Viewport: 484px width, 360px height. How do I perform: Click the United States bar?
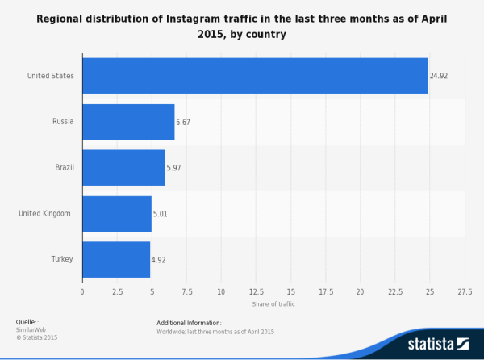255,76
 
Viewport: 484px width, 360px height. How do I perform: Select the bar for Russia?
128,122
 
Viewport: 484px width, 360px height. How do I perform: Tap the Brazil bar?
123,168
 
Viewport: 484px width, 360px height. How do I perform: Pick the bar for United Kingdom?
117,214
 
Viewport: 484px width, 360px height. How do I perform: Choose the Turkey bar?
116,260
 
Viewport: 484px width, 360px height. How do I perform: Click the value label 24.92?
439,77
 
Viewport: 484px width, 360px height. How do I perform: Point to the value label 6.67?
185,123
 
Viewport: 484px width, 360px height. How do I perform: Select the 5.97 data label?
175,169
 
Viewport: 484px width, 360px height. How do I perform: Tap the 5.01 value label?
161,215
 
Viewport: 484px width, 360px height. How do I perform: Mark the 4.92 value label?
160,261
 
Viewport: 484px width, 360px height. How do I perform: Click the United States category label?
51,76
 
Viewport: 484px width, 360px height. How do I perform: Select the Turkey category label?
61,259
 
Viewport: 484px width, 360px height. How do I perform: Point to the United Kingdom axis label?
45,213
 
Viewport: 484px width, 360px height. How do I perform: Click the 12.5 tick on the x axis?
256,291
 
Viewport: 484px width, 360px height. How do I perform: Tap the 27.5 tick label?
465,291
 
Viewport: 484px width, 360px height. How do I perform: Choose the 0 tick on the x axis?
82,291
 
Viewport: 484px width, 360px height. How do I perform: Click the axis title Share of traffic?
273,304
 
